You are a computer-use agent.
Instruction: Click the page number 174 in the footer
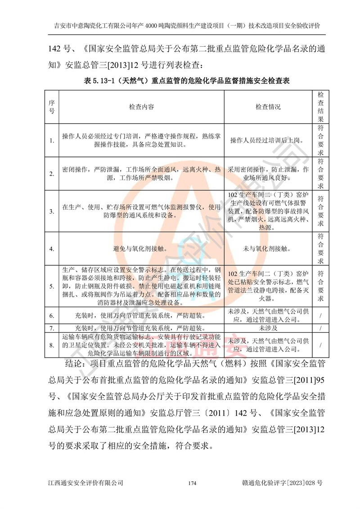coord(193,483)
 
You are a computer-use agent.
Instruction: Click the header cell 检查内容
coord(141,107)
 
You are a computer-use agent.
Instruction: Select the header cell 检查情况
coord(268,107)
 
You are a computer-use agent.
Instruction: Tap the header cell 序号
coord(52,107)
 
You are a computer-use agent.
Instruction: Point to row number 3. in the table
coord(52,210)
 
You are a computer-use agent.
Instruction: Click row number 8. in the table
coord(52,345)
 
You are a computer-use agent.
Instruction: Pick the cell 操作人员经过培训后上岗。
coord(268,140)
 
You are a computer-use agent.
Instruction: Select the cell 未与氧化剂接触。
coord(268,248)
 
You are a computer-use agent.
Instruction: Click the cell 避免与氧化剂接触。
coord(141,248)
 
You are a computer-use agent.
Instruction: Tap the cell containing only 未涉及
coord(268,328)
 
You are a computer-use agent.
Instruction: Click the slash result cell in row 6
coord(320,315)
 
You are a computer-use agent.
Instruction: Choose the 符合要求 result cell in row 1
coord(320,140)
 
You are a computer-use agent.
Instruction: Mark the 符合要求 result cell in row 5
coord(320,286)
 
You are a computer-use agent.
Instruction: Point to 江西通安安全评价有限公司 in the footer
coord(86,483)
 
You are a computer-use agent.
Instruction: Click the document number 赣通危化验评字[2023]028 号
coord(282,483)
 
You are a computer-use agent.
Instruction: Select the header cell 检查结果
coord(320,107)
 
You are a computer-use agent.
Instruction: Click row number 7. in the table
coord(52,328)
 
